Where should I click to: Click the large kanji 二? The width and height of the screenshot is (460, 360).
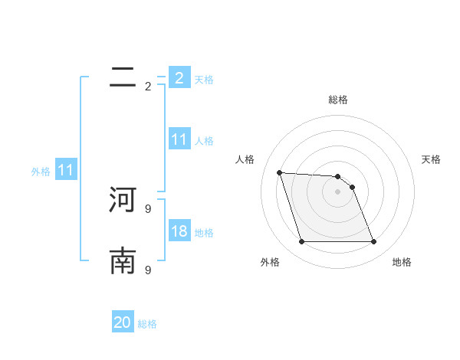(x=123, y=77)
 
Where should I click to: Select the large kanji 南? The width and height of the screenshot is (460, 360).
(x=123, y=261)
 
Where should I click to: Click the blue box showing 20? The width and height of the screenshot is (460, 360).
(x=123, y=322)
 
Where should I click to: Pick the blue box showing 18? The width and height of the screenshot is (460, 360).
(x=179, y=231)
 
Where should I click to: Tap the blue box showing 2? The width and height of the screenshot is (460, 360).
(x=179, y=78)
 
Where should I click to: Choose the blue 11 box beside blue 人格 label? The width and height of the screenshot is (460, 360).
(x=179, y=139)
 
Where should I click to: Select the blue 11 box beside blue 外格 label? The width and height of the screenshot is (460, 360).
(x=65, y=170)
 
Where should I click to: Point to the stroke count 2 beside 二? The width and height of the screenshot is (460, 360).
(x=148, y=87)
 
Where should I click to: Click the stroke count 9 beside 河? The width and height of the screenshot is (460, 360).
(x=148, y=208)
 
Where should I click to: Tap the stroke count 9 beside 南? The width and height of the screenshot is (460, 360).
(x=148, y=270)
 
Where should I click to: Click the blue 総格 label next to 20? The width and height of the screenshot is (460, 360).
(x=147, y=324)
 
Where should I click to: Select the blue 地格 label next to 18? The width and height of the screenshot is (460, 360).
(x=204, y=233)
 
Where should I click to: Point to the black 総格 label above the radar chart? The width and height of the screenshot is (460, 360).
(x=338, y=100)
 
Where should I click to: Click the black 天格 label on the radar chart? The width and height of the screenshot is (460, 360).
(x=431, y=159)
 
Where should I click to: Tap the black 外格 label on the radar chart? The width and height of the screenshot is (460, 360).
(x=270, y=262)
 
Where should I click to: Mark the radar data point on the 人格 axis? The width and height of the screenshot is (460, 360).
(x=279, y=172)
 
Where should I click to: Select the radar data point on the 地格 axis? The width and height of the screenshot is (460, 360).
(x=373, y=242)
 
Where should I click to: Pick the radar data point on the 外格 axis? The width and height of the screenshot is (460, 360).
(x=301, y=242)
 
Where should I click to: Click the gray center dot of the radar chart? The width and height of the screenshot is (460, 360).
(x=337, y=191)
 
